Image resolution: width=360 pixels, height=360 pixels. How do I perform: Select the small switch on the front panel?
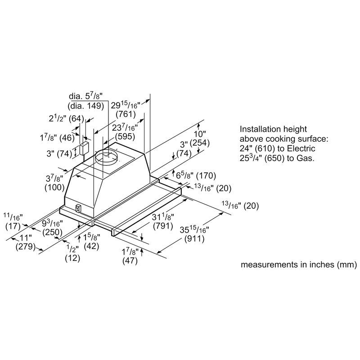(77, 209)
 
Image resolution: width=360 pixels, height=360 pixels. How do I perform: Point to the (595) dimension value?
(124, 136)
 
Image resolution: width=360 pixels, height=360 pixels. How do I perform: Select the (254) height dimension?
(198, 143)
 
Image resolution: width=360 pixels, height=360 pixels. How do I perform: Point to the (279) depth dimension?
(26, 246)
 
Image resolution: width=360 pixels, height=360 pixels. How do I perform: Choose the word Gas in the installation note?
(306, 158)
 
